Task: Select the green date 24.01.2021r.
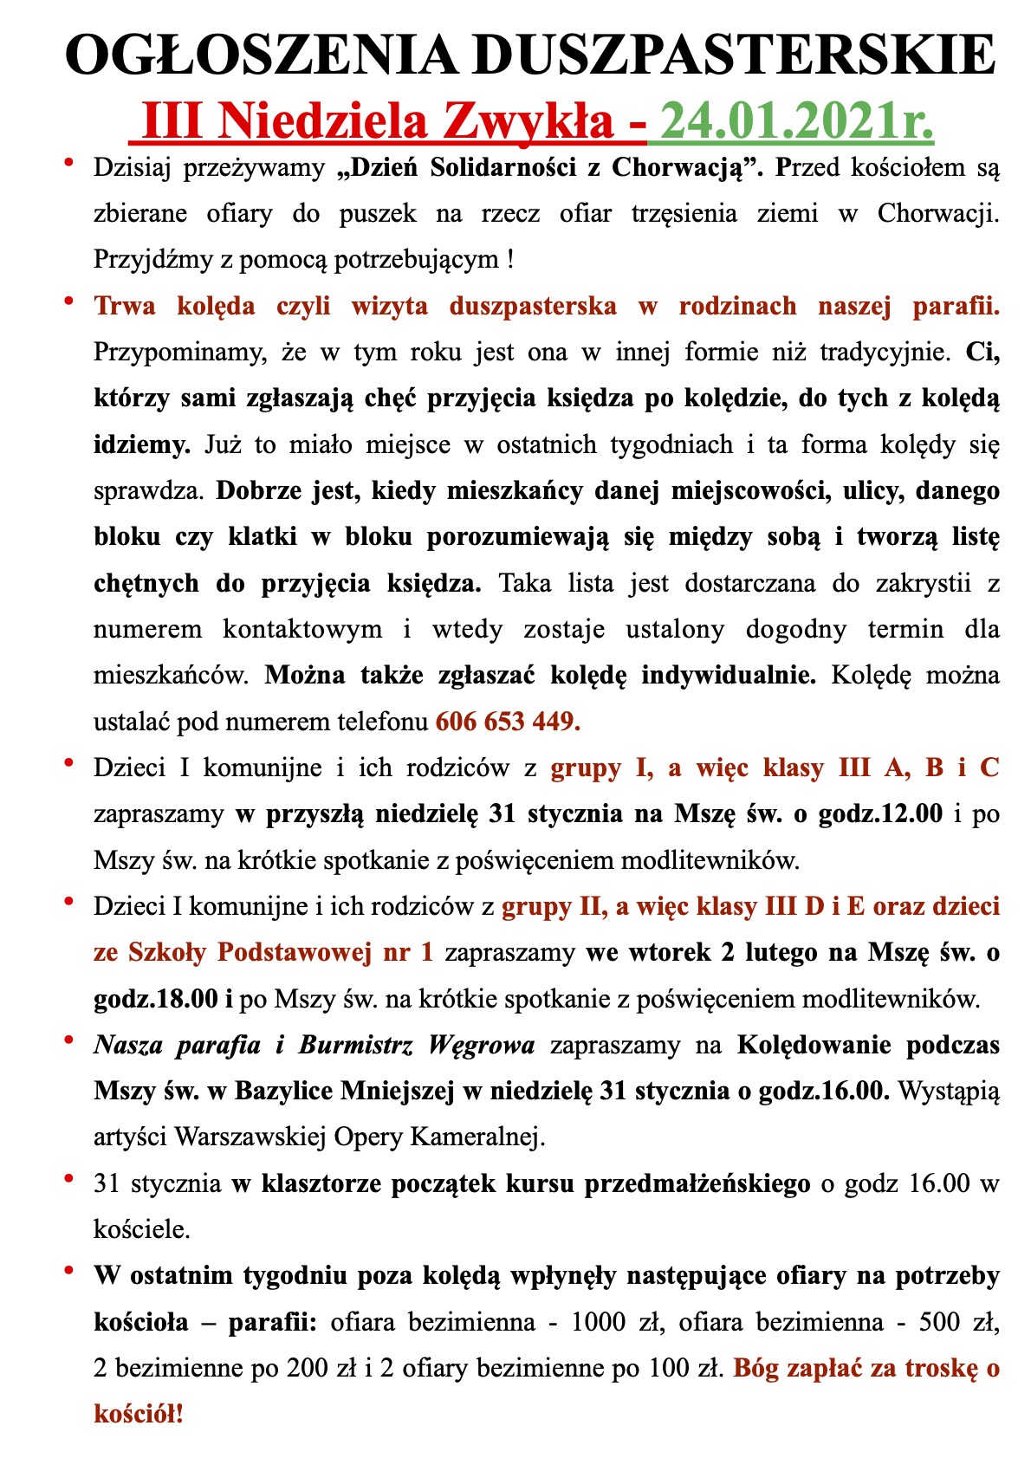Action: [x=796, y=120]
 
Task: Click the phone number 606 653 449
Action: [x=508, y=721]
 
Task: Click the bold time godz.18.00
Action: [x=156, y=998]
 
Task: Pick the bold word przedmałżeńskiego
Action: [x=697, y=1183]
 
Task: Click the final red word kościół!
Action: [x=139, y=1415]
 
